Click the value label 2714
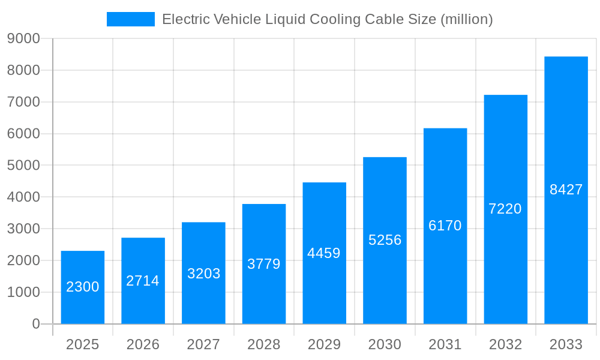[143, 281]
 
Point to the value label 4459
[324, 253]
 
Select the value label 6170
[445, 226]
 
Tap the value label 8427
[566, 190]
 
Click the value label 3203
[203, 274]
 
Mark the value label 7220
[505, 209]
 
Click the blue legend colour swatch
[130, 19]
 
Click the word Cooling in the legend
[331, 19]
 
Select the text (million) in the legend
[466, 19]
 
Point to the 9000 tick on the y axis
[23, 38]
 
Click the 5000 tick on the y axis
[23, 166]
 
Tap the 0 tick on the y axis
[36, 324]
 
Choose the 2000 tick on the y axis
[23, 260]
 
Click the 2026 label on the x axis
[143, 344]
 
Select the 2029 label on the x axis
[324, 344]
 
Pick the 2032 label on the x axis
[505, 344]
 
